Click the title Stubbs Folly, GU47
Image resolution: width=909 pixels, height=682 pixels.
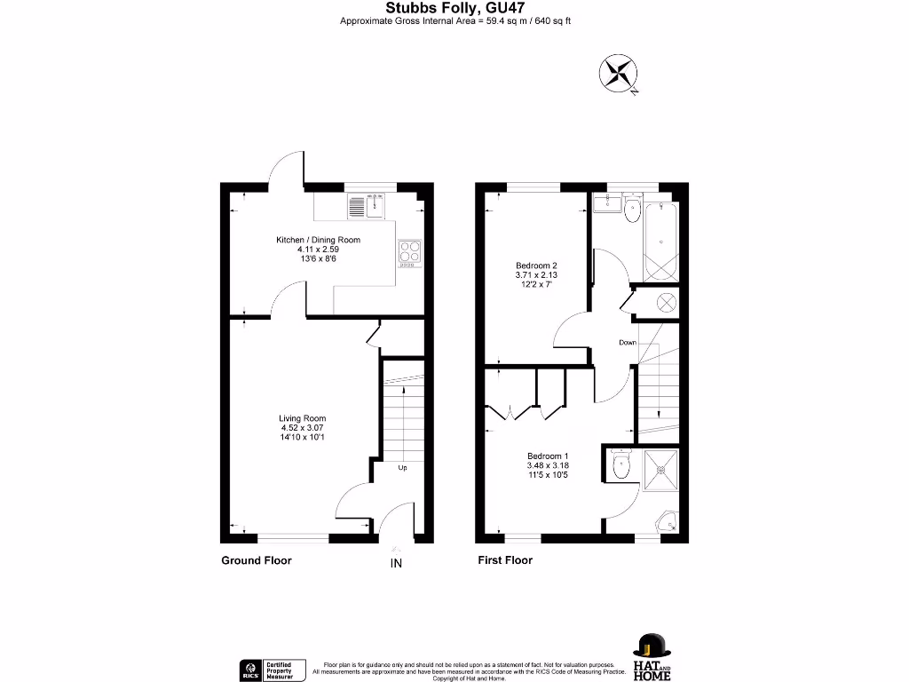point(454,8)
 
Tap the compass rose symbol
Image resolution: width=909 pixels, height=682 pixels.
point(619,73)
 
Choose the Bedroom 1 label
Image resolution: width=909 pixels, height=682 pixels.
point(548,465)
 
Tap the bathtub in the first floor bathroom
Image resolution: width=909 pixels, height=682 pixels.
point(662,240)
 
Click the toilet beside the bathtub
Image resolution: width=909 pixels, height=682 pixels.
point(632,210)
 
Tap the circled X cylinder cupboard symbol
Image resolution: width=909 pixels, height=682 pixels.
point(665,303)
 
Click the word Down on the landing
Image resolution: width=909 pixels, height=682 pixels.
point(628,342)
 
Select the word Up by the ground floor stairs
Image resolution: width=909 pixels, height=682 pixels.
point(402,467)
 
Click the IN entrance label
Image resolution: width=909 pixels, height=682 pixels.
point(396,563)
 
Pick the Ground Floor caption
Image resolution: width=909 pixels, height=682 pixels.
point(256,560)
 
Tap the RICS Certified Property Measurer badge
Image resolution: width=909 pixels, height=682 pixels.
point(273,670)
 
